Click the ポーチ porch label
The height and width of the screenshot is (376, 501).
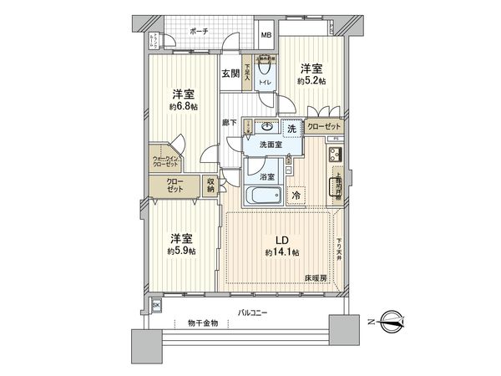pos(199,30)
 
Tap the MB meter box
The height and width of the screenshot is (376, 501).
pos(266,36)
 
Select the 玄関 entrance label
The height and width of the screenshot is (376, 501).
pos(230,73)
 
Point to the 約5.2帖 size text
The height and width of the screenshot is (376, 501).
pos(311,81)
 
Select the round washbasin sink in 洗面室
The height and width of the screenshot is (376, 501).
pos(266,128)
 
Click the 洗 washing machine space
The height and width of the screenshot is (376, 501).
pos(292,129)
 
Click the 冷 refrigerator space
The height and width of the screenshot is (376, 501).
pos(297,196)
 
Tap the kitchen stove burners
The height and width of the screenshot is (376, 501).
pos(337,154)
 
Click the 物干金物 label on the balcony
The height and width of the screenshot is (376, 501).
pos(202,323)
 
